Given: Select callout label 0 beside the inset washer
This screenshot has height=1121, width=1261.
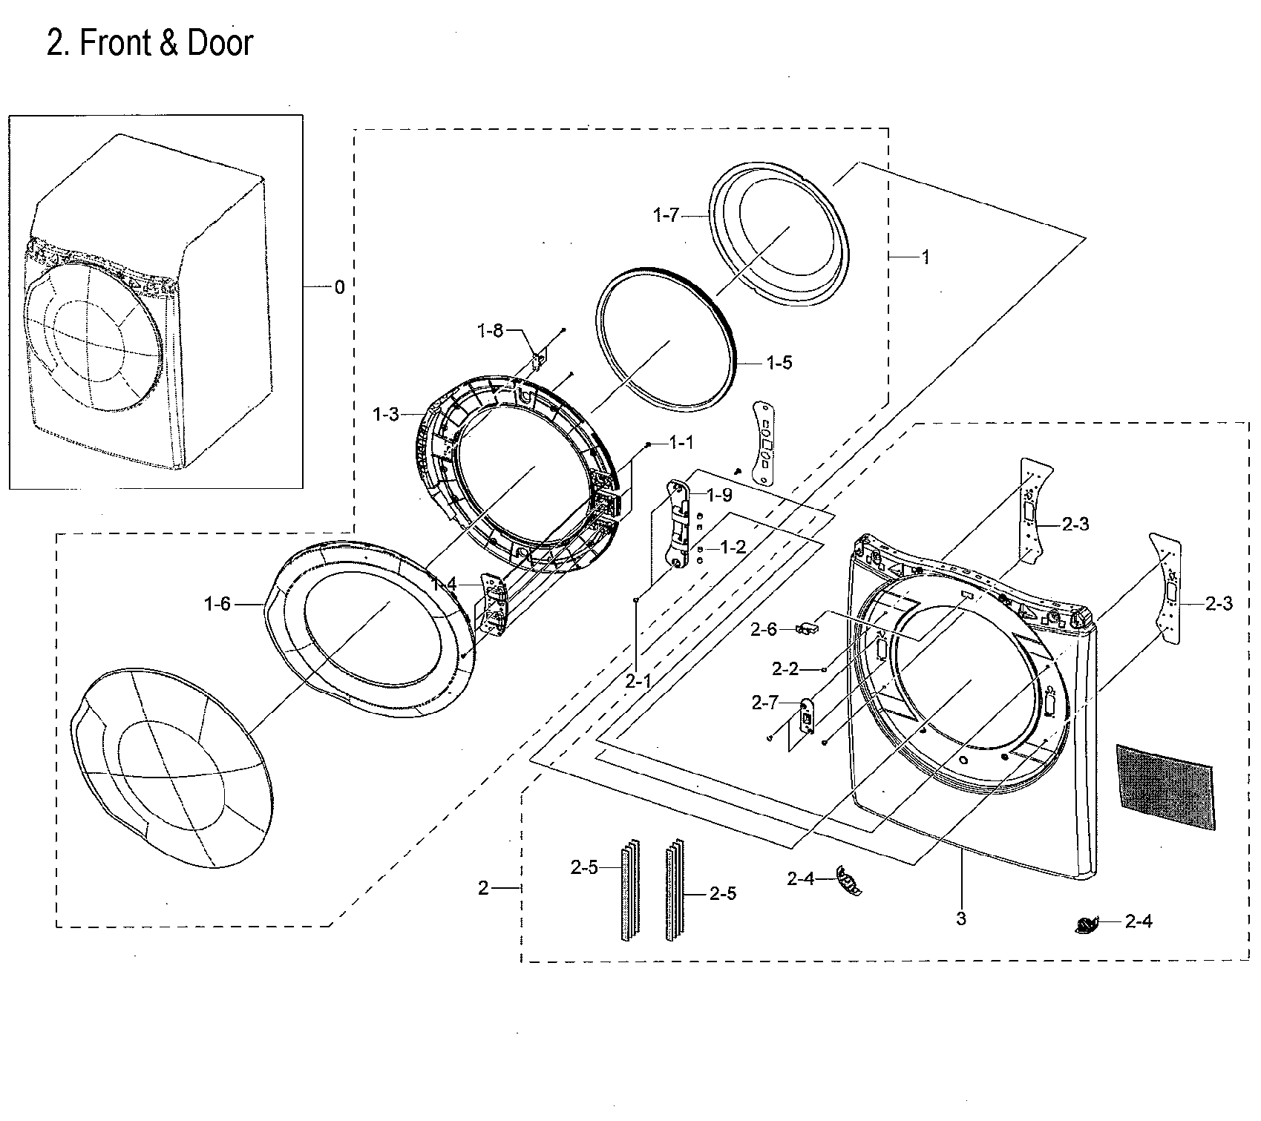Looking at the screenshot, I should tap(339, 287).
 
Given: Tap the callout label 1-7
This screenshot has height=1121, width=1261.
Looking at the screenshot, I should tap(666, 215).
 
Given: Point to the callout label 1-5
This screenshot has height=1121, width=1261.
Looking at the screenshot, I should tap(779, 362).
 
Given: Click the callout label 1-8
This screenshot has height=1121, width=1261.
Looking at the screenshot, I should tap(490, 330).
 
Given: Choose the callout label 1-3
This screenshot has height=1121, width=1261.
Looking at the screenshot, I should tap(386, 414).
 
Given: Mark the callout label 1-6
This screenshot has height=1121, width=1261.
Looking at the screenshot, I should tap(217, 604).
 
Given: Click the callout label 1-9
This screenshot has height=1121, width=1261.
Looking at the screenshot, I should tap(718, 495).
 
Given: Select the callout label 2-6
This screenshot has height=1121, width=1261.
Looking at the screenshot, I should tap(764, 629).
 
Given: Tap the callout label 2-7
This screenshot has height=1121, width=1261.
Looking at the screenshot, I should tap(764, 702).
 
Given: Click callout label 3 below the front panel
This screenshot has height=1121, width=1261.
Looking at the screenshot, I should tap(961, 918).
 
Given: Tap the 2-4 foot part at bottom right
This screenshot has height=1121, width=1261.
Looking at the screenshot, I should tap(1087, 924).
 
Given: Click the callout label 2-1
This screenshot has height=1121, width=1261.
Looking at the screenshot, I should tap(638, 679).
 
